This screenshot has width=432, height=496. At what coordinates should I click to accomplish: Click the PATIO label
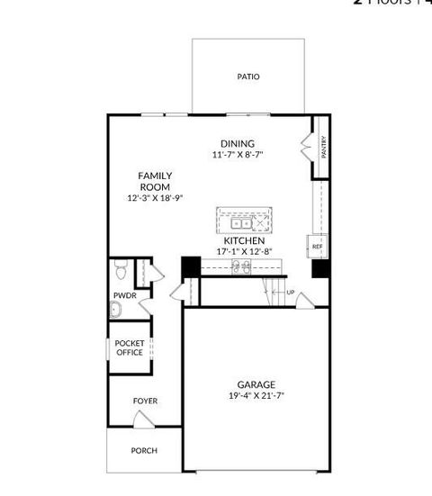click(x=248, y=77)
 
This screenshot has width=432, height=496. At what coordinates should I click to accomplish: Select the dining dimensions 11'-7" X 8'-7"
click(x=238, y=155)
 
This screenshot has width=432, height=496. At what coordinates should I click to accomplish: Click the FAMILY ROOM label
click(x=155, y=181)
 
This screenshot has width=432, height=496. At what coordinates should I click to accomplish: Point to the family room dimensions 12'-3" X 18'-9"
click(x=155, y=198)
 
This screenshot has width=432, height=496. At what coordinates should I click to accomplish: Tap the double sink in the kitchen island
click(x=240, y=222)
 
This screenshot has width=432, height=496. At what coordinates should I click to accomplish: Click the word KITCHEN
click(x=244, y=241)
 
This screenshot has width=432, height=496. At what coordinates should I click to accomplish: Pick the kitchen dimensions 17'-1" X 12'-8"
click(x=244, y=253)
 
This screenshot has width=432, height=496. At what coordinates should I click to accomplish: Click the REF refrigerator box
click(x=317, y=246)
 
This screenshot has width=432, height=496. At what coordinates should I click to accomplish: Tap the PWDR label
click(x=124, y=295)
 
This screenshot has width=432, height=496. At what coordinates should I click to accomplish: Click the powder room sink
click(x=116, y=310)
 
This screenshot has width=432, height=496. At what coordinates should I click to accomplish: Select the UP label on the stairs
click(x=290, y=293)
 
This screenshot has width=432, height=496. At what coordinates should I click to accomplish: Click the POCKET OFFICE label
click(x=130, y=348)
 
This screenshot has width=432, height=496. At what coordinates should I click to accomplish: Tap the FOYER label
click(x=145, y=401)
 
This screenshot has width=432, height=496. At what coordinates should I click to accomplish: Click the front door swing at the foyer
click(x=141, y=419)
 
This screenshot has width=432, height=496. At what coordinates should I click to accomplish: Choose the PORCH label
click(x=144, y=450)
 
